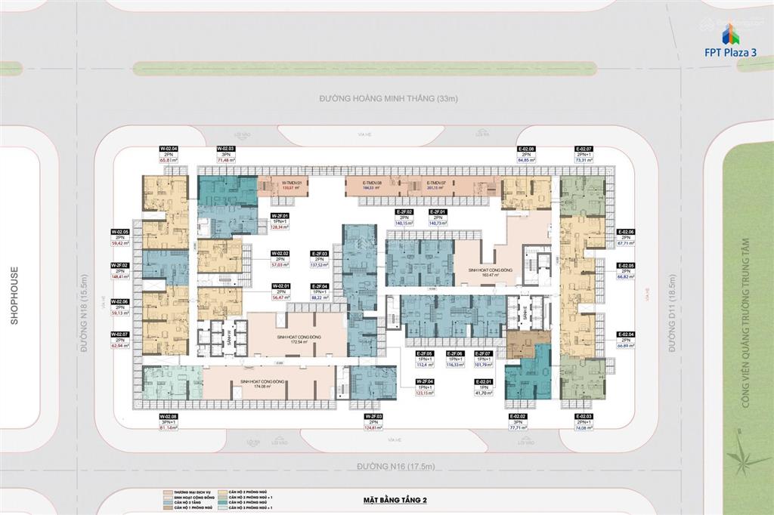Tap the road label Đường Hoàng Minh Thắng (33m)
(x=389, y=99)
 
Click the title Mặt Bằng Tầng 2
(x=392, y=501)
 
